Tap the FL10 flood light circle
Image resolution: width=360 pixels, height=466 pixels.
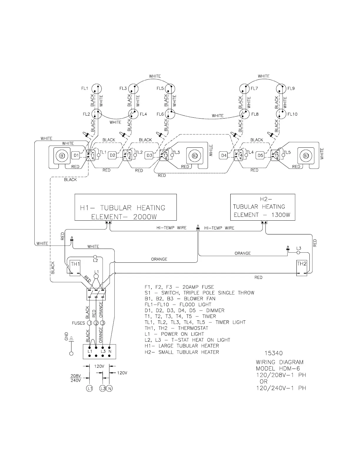[x=282, y=114]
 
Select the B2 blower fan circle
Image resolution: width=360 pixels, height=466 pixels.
[x=195, y=156]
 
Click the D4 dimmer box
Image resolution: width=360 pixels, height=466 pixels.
[x=224, y=155]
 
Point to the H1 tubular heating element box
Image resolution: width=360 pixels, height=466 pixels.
[x=126, y=207]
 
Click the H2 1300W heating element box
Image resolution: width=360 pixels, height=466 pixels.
[x=263, y=207]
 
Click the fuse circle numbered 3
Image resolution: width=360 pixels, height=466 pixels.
[x=103, y=323]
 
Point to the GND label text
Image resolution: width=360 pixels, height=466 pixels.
[x=66, y=336]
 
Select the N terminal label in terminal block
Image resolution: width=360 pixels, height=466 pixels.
[x=110, y=351]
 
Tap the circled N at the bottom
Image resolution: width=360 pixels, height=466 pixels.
[x=109, y=389]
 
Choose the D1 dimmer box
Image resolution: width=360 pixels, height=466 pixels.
[x=76, y=155]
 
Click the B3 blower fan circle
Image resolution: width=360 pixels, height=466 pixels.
[x=306, y=156]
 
